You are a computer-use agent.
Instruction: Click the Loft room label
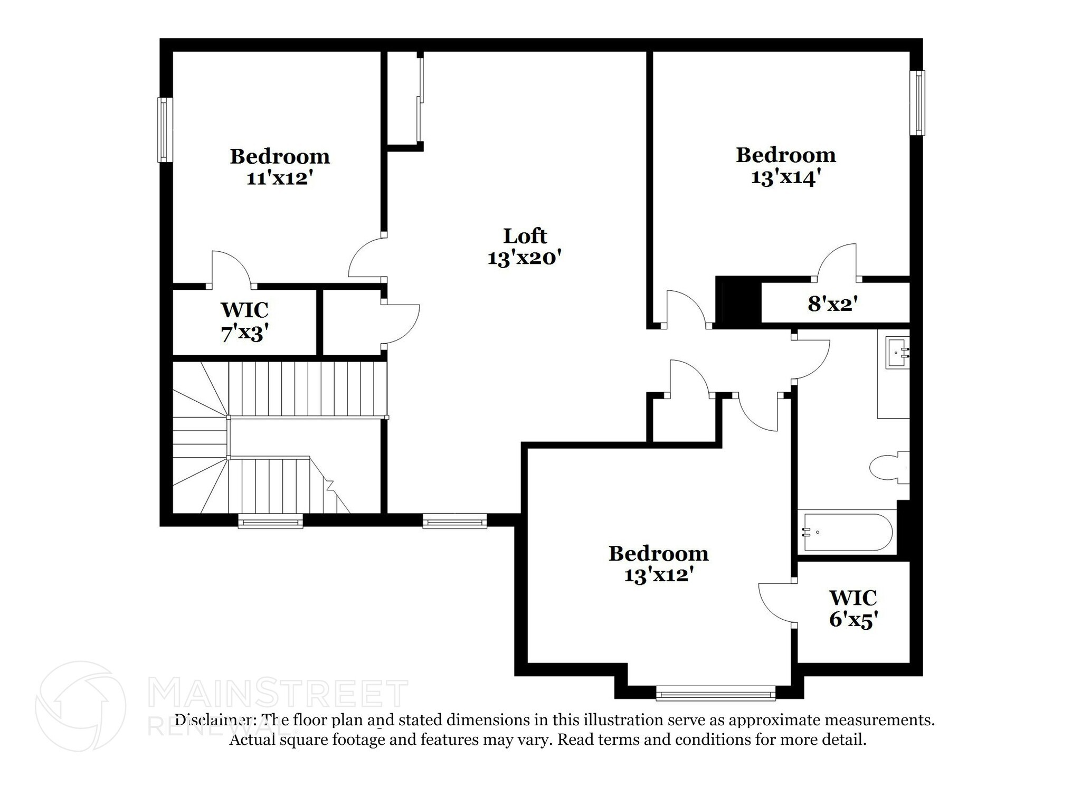pos(525,236)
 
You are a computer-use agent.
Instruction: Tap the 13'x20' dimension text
pos(524,259)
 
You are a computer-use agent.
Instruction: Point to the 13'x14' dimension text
pos(785,177)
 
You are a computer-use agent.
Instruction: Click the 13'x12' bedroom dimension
pos(658,575)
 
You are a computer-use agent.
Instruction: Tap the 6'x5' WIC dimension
pos(853,619)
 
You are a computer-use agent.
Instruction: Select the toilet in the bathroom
pos(889,467)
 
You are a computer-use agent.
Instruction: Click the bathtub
pos(848,532)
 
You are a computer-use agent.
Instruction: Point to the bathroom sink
pos(898,353)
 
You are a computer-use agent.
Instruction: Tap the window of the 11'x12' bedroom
pos(165,130)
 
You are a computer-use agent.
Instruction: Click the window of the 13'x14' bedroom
pos(918,103)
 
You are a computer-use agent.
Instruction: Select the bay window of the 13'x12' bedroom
pos(716,693)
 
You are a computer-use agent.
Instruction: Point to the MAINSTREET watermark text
pos(278,694)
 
